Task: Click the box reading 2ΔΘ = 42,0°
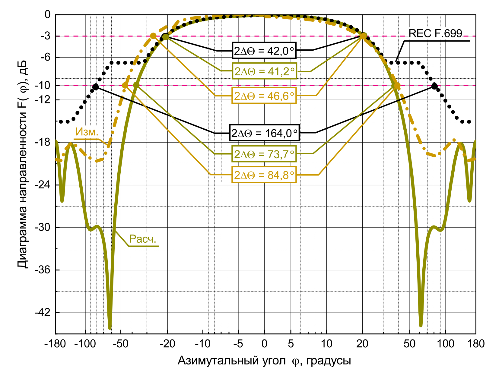click(264, 51)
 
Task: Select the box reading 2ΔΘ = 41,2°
click(264, 71)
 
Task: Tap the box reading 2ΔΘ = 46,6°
click(264, 96)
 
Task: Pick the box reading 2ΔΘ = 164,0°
click(264, 133)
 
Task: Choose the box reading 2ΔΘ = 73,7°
click(264, 154)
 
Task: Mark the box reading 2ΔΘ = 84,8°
click(264, 175)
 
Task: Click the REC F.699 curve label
click(435, 33)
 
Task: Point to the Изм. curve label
click(87, 132)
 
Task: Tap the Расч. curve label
click(143, 239)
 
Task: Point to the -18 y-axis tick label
click(43, 142)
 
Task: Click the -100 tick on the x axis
click(85, 344)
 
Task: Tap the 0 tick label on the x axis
click(264, 344)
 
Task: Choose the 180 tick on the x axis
click(476, 344)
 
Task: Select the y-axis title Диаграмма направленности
click(22, 164)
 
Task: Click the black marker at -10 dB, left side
click(96, 87)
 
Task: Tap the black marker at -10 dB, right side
click(434, 86)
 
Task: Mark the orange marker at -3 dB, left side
click(153, 36)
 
